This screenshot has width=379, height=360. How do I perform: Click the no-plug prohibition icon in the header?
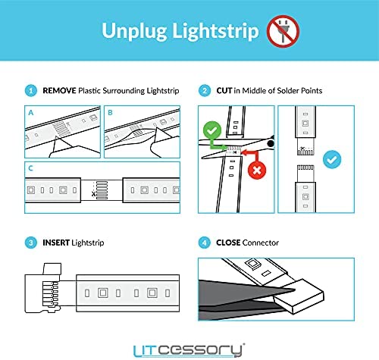[283, 31]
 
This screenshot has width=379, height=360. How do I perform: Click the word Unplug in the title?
[134, 31]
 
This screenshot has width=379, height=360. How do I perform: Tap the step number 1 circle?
[31, 90]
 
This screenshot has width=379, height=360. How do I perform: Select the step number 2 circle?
[205, 90]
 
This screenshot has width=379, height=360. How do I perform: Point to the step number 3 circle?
[31, 243]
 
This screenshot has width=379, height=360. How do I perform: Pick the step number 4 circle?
[205, 243]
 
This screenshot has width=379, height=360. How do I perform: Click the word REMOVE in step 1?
[59, 90]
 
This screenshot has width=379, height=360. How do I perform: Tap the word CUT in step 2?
[224, 90]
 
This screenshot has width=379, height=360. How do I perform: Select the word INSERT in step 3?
[56, 243]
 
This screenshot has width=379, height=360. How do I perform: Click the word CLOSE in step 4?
[228, 243]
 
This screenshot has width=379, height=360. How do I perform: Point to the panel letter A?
[31, 113]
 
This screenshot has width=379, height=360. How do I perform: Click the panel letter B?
[110, 113]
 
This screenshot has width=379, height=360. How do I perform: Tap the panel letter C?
[30, 168]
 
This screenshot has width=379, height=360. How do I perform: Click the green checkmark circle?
[212, 130]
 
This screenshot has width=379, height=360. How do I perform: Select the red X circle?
[257, 171]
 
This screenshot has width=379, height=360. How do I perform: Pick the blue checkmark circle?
[332, 159]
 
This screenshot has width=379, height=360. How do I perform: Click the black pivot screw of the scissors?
[271, 143]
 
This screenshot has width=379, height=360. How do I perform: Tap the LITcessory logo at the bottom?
[189, 350]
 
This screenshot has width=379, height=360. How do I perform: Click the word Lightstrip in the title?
[216, 31]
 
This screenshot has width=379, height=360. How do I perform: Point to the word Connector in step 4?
[261, 243]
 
